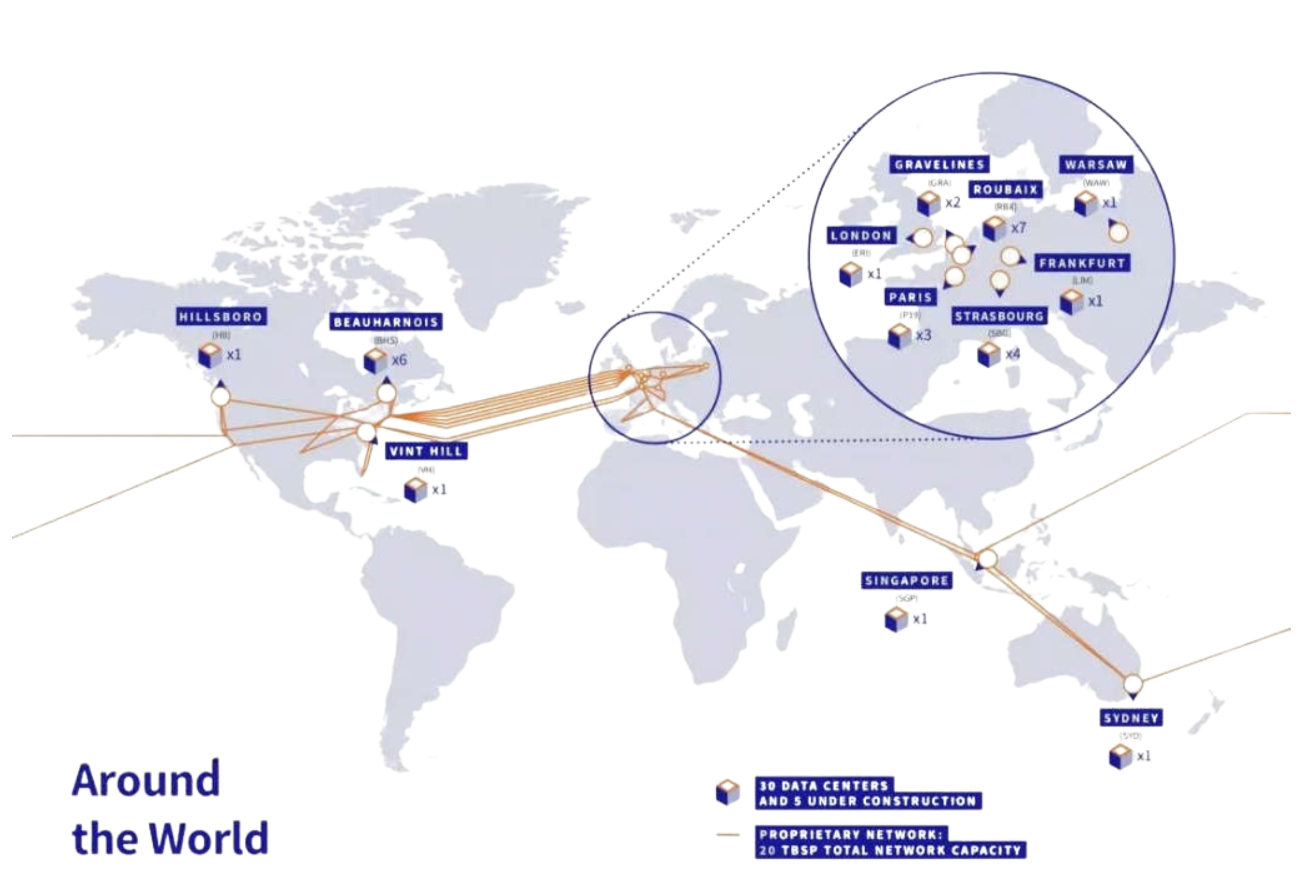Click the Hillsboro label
(x=221, y=317)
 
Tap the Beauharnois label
(x=386, y=322)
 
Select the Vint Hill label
(x=426, y=451)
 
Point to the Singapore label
(x=906, y=581)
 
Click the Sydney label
(x=1130, y=718)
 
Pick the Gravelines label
(x=939, y=165)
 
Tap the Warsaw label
(x=1096, y=165)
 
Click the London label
(x=861, y=235)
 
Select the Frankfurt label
(x=1082, y=263)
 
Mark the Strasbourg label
(x=1000, y=316)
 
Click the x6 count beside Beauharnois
(x=399, y=360)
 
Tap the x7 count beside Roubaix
(x=1018, y=228)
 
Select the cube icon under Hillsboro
(x=211, y=355)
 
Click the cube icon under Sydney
(x=1119, y=756)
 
